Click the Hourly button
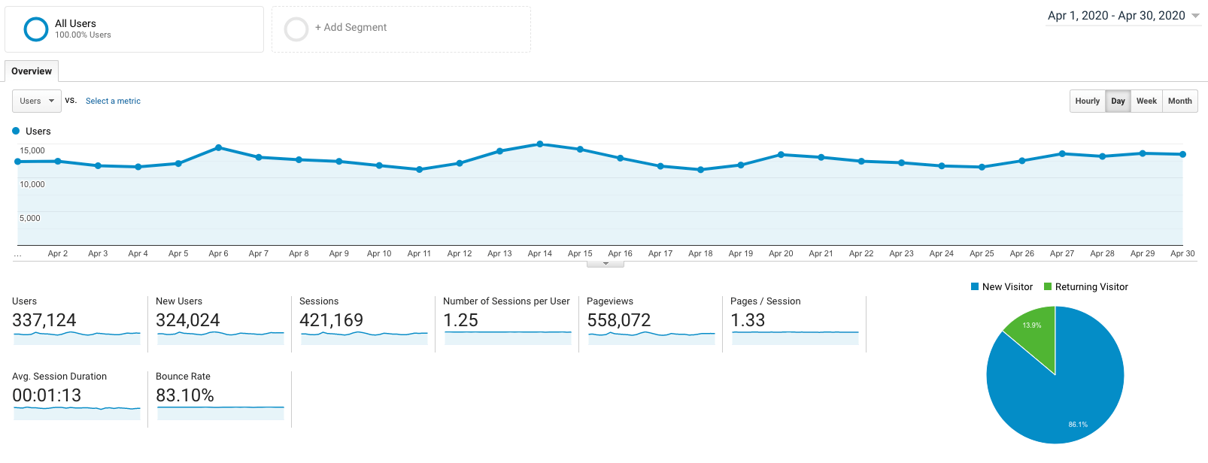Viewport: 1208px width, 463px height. coord(1087,101)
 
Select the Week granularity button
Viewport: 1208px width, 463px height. coord(1146,101)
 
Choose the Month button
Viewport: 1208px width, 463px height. coord(1179,101)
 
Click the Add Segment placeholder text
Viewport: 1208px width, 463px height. coord(351,28)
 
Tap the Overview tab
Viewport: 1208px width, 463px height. coord(32,71)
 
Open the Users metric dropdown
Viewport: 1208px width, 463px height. coord(37,101)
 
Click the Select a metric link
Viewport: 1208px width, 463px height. coord(113,101)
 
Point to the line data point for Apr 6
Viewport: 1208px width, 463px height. coord(218,147)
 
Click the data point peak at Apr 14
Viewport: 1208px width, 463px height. coord(540,144)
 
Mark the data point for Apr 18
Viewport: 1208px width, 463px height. coord(700,170)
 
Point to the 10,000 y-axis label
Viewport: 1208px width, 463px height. coord(32,184)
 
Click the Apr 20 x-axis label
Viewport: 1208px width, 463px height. coord(781,254)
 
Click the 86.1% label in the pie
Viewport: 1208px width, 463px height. coord(1078,425)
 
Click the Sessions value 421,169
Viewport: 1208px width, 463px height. coord(331,320)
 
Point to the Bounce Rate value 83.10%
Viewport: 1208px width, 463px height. coord(185,395)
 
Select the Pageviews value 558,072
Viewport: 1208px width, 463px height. coord(618,320)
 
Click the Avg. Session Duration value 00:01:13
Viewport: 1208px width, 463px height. coord(47,395)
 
